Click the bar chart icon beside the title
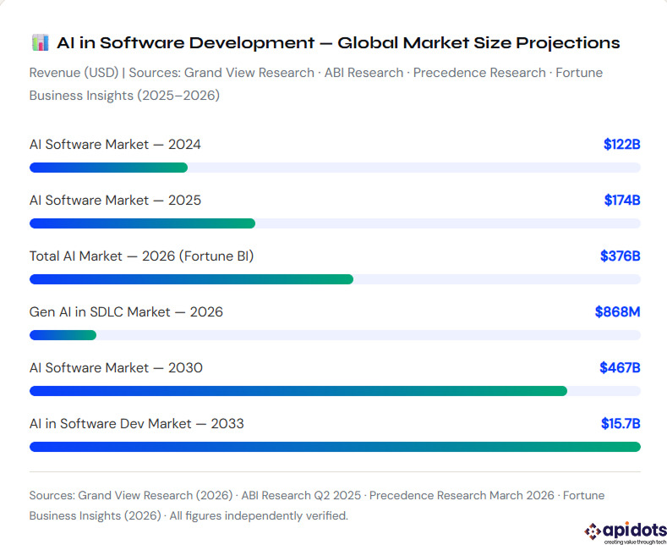coord(40,42)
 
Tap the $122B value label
coord(621,145)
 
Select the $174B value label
coord(621,201)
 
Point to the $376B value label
coord(620,256)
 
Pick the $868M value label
coord(617,312)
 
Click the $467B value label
coord(620,368)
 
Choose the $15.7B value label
coord(620,424)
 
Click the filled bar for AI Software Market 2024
coord(108,168)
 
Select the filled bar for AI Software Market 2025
coord(142,223)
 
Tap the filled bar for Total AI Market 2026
coord(191,279)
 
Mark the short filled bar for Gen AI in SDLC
coord(63,335)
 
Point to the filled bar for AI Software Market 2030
coord(298,391)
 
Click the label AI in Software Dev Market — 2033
coord(137,424)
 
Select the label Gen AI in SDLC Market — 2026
coord(126,312)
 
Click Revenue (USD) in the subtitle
coord(74,73)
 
